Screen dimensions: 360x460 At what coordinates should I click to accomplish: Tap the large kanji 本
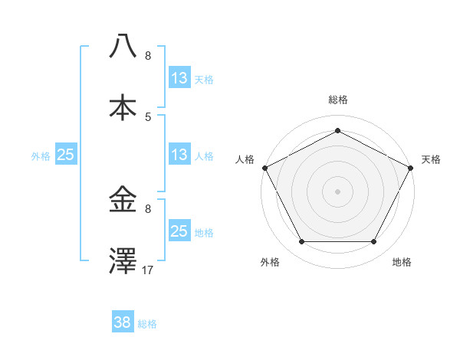[123, 108]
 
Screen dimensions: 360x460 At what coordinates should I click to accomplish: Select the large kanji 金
[123, 200]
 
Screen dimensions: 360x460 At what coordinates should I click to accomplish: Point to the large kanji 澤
[123, 260]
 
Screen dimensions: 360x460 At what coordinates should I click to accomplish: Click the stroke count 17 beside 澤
[148, 270]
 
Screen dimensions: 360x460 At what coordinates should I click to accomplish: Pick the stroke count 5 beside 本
[148, 116]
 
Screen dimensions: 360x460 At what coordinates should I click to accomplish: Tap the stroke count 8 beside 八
[148, 56]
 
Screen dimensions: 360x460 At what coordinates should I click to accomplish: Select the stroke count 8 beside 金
[148, 208]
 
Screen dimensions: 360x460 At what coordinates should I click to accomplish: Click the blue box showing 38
[123, 322]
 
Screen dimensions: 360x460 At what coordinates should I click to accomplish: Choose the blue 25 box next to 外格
[65, 155]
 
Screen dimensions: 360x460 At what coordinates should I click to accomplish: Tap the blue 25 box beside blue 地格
[179, 231]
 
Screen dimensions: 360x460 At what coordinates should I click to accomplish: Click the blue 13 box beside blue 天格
[179, 78]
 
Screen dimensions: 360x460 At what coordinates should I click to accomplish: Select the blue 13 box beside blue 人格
[179, 155]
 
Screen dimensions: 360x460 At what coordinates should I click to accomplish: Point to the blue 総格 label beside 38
[147, 324]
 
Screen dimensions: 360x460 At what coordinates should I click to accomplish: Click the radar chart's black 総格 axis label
[337, 100]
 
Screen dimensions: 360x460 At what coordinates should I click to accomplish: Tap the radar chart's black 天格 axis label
[431, 159]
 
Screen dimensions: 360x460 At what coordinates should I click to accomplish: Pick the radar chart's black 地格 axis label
[402, 262]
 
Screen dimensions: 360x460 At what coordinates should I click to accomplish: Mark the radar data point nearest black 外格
[301, 242]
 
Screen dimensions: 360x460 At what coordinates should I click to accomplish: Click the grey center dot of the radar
[337, 191]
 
